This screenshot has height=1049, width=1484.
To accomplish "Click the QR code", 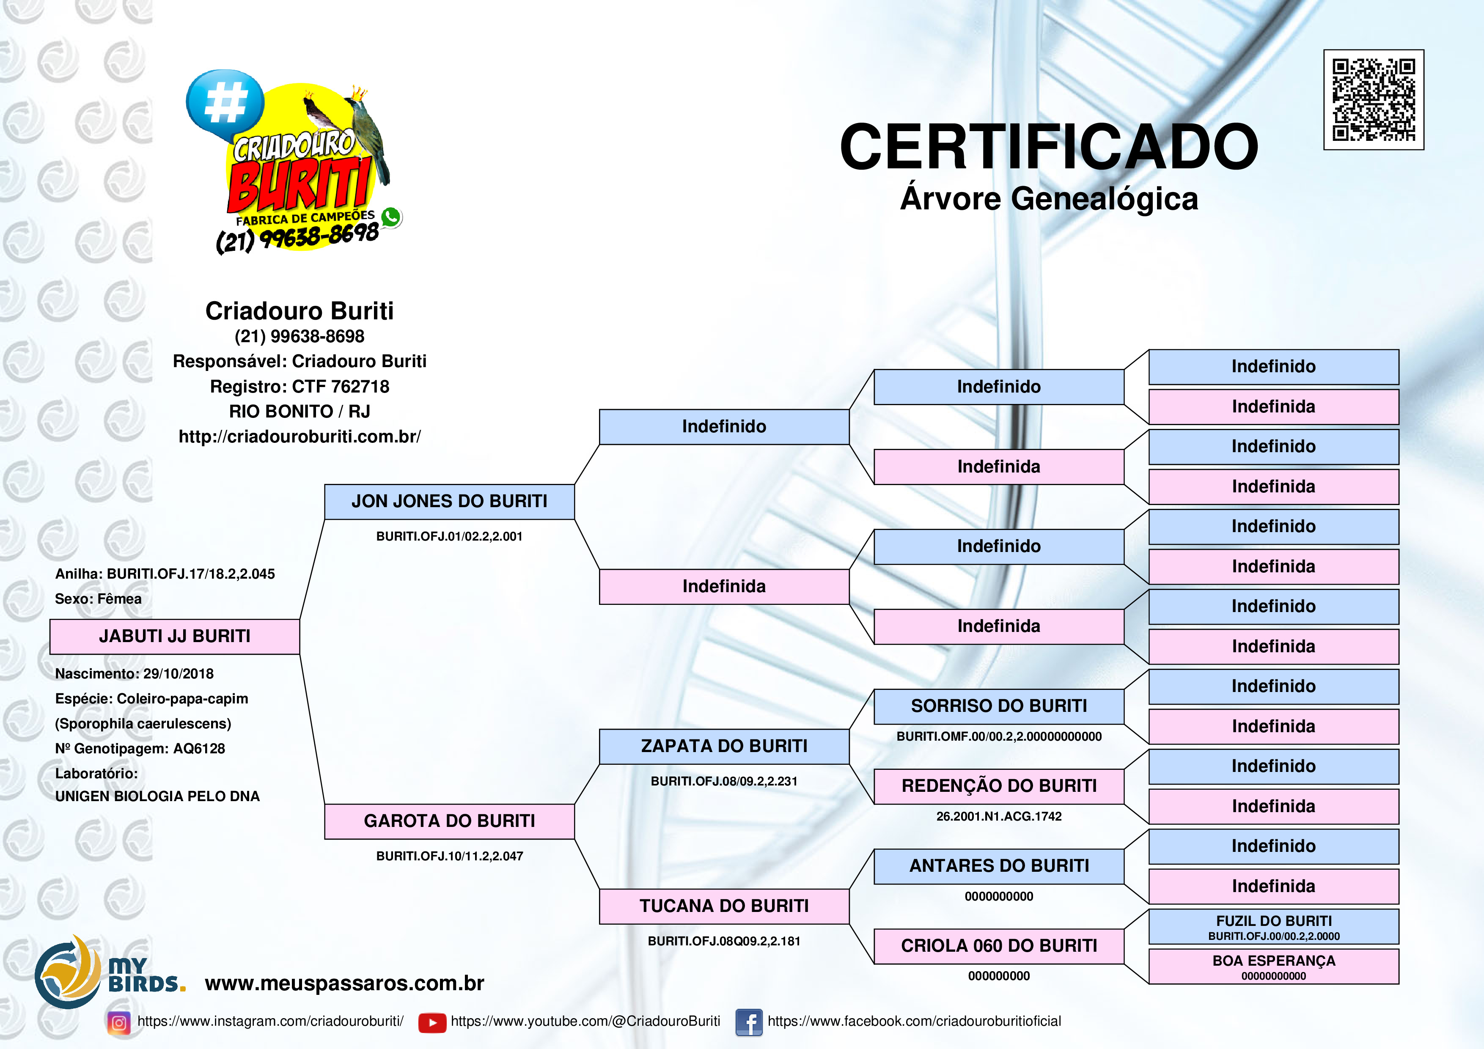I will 1374,99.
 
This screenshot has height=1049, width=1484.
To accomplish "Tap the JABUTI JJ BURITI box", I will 175,637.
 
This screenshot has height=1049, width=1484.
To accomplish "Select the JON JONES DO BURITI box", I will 449,502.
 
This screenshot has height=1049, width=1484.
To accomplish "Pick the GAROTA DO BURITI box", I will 449,821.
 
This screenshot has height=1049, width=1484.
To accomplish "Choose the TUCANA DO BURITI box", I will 724,906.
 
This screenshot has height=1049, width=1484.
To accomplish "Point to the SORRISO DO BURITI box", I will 999,706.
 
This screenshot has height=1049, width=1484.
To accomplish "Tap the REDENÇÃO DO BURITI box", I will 999,786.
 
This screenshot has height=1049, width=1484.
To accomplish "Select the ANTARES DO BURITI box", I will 999,866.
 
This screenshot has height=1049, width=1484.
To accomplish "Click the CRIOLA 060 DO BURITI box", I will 999,946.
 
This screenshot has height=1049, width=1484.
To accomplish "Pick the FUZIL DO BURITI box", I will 1273,926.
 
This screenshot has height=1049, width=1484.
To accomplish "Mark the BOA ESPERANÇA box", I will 1273,966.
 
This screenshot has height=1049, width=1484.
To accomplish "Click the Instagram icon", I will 119,1022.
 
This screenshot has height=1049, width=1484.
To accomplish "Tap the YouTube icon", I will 432,1022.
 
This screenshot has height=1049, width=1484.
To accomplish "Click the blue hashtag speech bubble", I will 225,103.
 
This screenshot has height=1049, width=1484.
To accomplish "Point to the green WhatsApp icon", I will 391,217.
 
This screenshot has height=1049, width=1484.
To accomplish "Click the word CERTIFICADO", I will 1048,147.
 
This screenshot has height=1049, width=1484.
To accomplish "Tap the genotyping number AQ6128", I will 199,748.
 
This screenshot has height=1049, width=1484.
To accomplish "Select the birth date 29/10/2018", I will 179,673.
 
